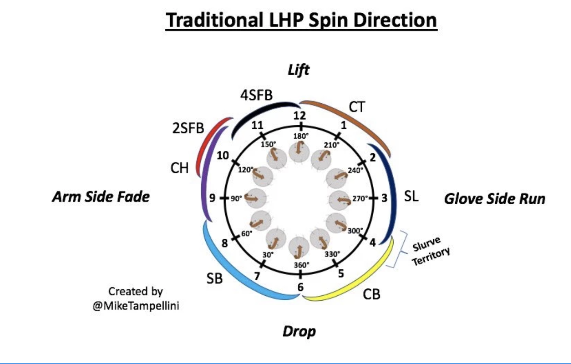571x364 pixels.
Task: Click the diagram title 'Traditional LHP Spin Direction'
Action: click(301, 20)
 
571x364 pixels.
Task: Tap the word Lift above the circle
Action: click(299, 70)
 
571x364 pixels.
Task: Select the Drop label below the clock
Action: click(299, 331)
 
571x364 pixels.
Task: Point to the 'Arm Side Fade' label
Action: click(101, 197)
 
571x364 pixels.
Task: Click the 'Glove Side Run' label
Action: click(494, 199)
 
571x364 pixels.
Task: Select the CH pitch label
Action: click(180, 168)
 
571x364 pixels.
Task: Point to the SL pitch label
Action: click(411, 197)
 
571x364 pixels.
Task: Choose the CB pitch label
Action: click(372, 294)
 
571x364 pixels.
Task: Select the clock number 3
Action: click(384, 198)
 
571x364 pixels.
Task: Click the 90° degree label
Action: click(236, 198)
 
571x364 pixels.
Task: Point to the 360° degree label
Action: click(301, 265)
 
